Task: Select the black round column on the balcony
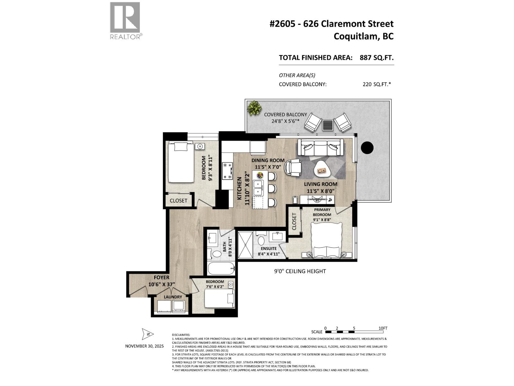pyautogui.click(x=367, y=148)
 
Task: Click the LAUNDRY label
pyautogui.click(x=173, y=297)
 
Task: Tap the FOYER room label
pyautogui.click(x=161, y=277)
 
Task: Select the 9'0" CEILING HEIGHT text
pyautogui.click(x=300, y=271)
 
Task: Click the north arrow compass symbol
pyautogui.click(x=148, y=335)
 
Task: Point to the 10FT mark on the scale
pyautogui.click(x=383, y=328)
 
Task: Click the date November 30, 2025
pyautogui.click(x=144, y=346)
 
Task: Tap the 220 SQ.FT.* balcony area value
pyautogui.click(x=377, y=84)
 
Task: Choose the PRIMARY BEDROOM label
pyautogui.click(x=322, y=212)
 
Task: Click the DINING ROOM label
pyautogui.click(x=268, y=161)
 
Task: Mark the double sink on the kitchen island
pyautogui.click(x=258, y=188)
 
